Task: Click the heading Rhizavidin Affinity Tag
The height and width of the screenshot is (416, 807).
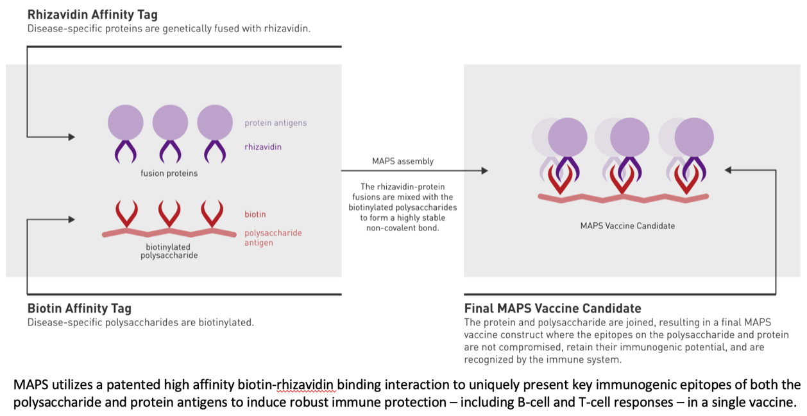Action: coord(92,14)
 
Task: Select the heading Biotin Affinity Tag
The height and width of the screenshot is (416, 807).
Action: coord(80,309)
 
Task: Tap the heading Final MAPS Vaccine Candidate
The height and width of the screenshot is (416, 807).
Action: coord(552,309)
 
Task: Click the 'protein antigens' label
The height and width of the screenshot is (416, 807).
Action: coord(275,123)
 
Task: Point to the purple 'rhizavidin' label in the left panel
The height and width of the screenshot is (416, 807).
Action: coord(262,147)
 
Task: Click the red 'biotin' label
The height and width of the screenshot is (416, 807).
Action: coord(255,214)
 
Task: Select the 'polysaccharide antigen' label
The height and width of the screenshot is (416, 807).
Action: coord(273,238)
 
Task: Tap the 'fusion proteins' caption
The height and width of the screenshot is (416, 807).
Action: coord(169,173)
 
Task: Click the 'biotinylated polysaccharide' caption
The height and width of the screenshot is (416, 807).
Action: coord(169,251)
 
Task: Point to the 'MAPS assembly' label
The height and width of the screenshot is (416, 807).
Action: coord(403,161)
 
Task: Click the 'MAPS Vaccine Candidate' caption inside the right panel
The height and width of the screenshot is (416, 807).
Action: coord(627,226)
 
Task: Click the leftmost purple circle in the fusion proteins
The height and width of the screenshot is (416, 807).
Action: coord(126,122)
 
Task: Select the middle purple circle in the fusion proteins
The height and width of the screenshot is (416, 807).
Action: coord(170,122)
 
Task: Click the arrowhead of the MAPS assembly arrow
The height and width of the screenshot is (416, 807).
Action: coord(484,171)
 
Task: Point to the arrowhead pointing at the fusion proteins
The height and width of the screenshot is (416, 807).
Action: coord(71,137)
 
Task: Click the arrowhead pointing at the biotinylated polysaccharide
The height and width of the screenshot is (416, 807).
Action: coord(71,220)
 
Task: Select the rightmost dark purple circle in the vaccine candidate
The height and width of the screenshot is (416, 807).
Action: coord(695,137)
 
